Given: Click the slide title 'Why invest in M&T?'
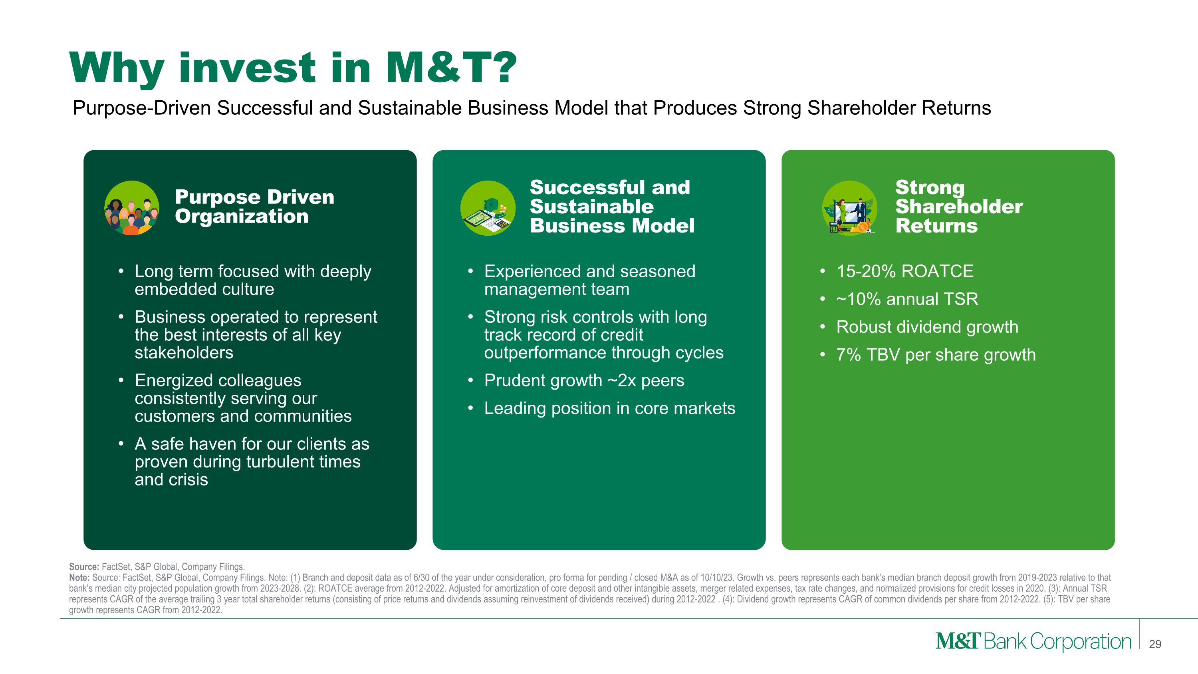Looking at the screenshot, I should click(293, 69).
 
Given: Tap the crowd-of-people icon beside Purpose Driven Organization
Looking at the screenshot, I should click(132, 208).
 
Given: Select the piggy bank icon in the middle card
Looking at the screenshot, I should click(488, 208).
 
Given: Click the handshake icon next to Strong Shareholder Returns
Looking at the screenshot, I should click(850, 208).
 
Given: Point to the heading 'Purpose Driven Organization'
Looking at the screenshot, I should click(254, 207).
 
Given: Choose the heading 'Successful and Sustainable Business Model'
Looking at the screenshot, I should click(611, 207).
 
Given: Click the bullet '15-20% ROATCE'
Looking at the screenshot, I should click(904, 271).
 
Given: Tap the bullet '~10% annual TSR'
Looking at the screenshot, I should click(907, 299).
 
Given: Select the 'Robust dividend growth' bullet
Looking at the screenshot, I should click(927, 327).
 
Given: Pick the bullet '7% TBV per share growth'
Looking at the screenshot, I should click(936, 355).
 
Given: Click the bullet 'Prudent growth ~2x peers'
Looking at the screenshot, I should click(584, 380).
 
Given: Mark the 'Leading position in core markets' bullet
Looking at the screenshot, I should click(609, 408).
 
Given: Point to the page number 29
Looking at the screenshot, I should click(1155, 644).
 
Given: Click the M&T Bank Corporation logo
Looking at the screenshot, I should click(1033, 642).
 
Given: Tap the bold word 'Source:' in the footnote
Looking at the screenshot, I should click(84, 567).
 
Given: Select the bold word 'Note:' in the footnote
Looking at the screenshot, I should click(79, 578).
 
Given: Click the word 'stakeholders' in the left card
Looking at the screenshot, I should click(184, 353).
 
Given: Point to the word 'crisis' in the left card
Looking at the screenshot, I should click(189, 480).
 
